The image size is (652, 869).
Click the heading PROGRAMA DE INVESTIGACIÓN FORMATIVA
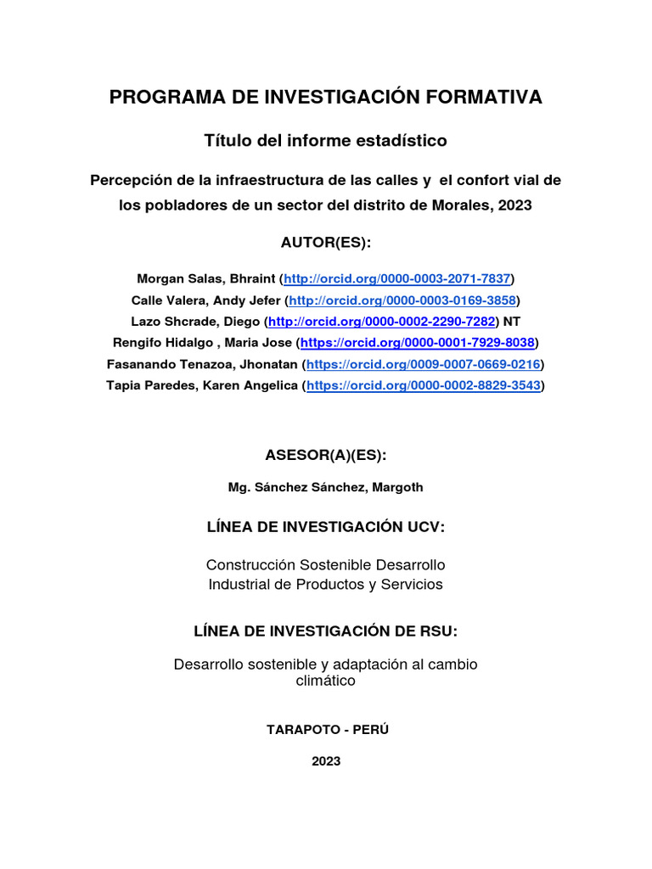pyautogui.click(x=326, y=98)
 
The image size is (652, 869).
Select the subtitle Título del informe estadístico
pyautogui.click(x=326, y=140)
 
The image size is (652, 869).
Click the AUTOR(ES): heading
pyautogui.click(x=326, y=244)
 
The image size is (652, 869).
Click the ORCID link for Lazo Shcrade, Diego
pyautogui.click(x=381, y=322)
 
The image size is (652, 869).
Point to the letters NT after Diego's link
pyautogui.click(x=512, y=322)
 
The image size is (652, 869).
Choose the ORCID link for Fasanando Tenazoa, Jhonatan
pyautogui.click(x=423, y=364)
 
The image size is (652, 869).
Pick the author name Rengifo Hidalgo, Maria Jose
pyautogui.click(x=202, y=343)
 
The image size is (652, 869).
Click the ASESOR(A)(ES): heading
pyautogui.click(x=326, y=456)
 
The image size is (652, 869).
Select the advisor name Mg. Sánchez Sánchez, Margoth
pyautogui.click(x=326, y=487)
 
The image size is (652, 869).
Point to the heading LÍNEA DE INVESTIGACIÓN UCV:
pyautogui.click(x=326, y=528)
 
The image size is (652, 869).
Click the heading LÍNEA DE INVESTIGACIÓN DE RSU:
pyautogui.click(x=326, y=631)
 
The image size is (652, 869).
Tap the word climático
pyautogui.click(x=326, y=681)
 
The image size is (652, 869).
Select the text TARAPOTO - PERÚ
pyautogui.click(x=326, y=730)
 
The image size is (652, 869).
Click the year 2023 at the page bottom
pyautogui.click(x=326, y=761)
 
